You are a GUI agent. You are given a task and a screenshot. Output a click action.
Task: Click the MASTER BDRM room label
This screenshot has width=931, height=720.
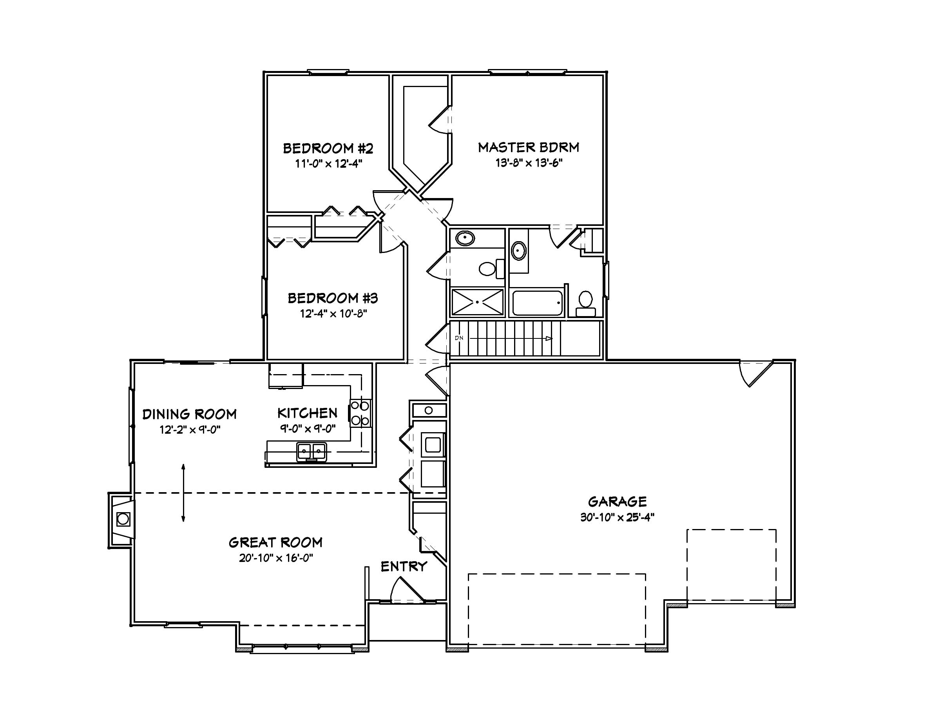529,147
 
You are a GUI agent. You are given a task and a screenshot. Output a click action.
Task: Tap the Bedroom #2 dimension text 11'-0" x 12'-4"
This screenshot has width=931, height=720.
328,164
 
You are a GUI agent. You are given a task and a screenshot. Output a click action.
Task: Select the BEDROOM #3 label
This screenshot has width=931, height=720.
333,298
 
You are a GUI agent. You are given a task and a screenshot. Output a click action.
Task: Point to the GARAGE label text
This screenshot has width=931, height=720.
617,501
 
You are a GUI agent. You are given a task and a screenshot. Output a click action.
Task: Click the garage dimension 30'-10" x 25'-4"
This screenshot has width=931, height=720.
617,517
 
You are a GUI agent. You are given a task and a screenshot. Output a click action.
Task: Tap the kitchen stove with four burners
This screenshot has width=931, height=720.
360,413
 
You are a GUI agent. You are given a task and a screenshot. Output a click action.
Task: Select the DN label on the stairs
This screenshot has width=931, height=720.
459,338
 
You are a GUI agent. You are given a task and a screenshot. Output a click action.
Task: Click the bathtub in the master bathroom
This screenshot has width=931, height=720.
537,303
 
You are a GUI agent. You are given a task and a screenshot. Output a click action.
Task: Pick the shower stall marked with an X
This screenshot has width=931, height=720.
477,302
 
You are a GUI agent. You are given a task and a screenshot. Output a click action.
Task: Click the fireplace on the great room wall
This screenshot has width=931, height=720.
123,519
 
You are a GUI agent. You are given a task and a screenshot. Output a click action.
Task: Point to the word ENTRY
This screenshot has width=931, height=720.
404,566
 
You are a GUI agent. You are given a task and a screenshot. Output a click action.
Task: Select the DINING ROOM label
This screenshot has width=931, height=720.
189,414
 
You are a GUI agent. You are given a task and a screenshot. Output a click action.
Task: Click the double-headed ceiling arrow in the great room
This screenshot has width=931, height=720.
183,493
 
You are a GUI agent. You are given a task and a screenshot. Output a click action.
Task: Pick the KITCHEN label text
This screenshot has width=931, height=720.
307,413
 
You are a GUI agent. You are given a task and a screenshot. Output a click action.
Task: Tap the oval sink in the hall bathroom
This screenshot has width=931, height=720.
465,238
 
